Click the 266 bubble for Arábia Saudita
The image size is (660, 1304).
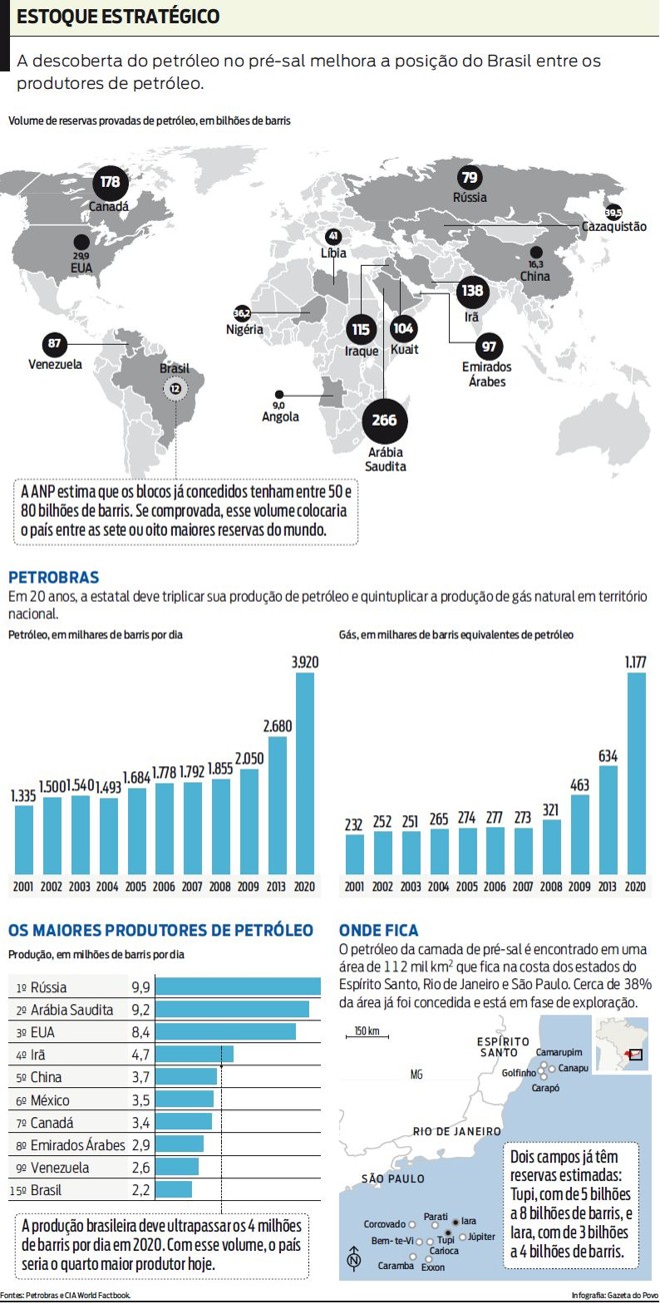(x=384, y=421)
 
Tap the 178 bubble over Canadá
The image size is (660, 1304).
(x=110, y=182)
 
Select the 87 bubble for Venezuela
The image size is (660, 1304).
(x=56, y=344)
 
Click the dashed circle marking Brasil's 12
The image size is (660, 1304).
(x=175, y=388)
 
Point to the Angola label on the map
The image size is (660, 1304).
(x=280, y=417)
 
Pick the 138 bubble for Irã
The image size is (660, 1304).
(x=471, y=292)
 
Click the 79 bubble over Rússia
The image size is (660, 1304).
(x=469, y=178)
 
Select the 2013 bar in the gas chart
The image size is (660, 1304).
(x=607, y=820)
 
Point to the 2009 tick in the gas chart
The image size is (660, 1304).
(x=579, y=886)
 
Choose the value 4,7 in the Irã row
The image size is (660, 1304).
(x=141, y=1053)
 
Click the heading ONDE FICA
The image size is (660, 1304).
(x=378, y=930)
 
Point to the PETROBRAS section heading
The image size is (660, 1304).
(x=53, y=578)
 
